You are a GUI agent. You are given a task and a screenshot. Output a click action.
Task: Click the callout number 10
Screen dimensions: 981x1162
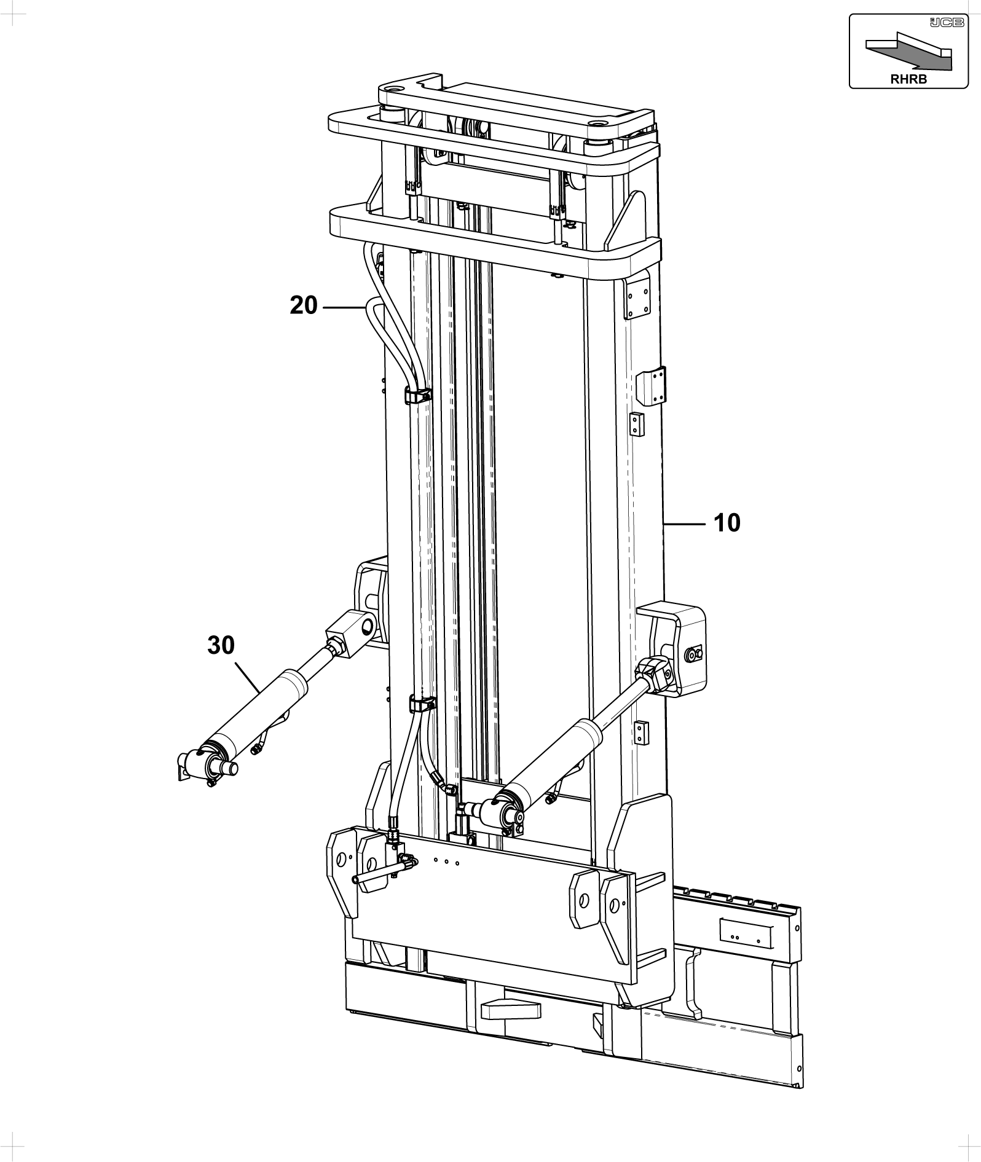727,524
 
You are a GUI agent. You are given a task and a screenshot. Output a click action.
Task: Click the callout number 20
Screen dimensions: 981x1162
304,305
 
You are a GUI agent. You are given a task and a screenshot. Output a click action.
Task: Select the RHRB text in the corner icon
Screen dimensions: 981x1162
908,79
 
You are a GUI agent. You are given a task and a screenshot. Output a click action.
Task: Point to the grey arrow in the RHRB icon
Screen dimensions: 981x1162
908,54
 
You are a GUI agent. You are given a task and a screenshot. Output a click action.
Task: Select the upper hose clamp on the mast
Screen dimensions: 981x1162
417,395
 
